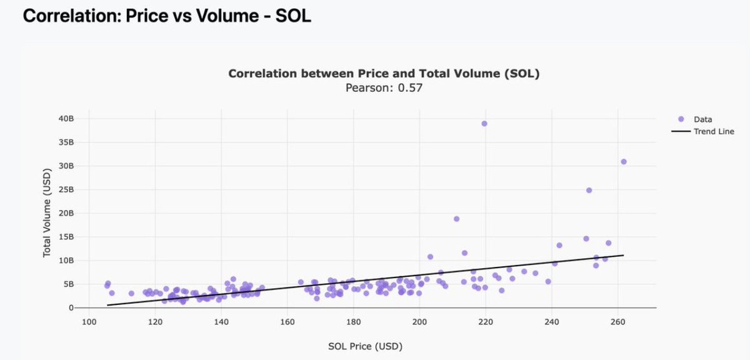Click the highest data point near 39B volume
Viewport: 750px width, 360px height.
(484, 124)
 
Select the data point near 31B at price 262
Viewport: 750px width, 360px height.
(623, 161)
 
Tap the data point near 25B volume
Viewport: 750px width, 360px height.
(589, 190)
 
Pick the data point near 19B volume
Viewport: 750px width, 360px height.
(456, 219)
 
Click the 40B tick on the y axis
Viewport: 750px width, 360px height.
(66, 118)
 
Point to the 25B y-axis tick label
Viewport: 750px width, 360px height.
(66, 189)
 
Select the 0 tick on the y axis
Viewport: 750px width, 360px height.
(71, 308)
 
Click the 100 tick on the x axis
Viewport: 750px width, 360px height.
(89, 322)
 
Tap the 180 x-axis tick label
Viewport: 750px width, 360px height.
(353, 322)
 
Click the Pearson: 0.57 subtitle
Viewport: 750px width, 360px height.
(384, 88)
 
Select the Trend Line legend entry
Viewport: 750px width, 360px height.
(713, 131)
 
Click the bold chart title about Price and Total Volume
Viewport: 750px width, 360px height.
(384, 74)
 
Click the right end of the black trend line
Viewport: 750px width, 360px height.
(623, 255)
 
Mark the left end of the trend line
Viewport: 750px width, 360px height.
(107, 305)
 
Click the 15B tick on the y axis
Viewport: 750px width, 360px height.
(66, 237)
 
